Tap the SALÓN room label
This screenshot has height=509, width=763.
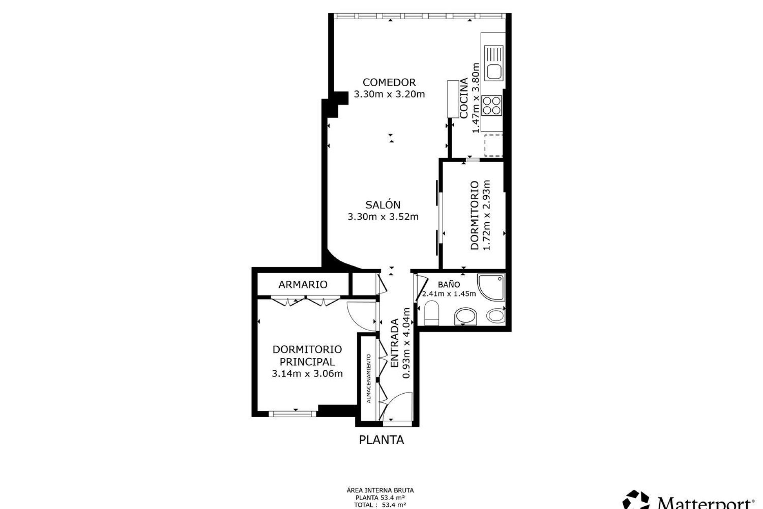(383, 205)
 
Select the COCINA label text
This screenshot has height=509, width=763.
(464, 98)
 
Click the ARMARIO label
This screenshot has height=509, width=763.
(303, 284)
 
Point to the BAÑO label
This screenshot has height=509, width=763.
(449, 284)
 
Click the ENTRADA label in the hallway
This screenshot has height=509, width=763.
(395, 343)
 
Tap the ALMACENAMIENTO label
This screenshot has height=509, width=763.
(369, 379)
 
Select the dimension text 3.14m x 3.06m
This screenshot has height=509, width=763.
(307, 374)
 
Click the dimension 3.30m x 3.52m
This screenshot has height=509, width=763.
(383, 217)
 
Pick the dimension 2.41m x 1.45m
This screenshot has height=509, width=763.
(449, 294)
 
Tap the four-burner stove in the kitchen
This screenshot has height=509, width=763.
(492, 106)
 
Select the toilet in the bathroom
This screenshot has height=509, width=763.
(432, 313)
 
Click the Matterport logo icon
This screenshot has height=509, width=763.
(637, 500)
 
